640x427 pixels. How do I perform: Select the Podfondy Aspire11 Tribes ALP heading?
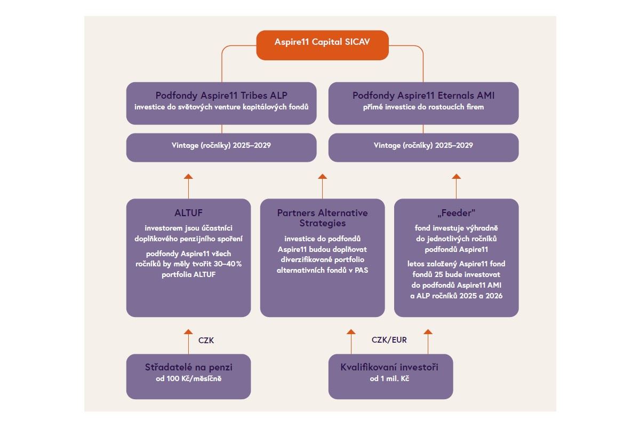pos(221,96)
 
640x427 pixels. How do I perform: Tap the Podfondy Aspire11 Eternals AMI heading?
pos(423,96)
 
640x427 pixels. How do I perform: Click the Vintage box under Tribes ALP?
pos(221,147)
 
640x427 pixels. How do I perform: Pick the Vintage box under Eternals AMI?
pos(423,147)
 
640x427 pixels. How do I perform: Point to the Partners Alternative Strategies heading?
pos(322,218)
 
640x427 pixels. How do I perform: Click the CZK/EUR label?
pos(389,339)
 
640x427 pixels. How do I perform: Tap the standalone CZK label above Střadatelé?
pos(206,340)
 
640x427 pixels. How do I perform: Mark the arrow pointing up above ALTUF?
pos(188,186)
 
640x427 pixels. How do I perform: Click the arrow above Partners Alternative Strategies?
pos(322,186)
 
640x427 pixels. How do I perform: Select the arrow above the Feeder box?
pos(456,186)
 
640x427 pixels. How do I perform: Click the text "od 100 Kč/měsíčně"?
pos(188,379)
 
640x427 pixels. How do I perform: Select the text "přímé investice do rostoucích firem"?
pos(423,107)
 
